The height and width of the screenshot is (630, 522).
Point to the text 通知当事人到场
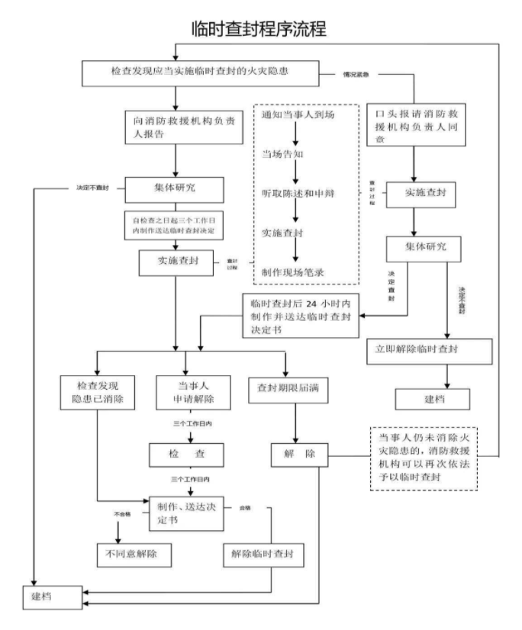pyautogui.click(x=298, y=115)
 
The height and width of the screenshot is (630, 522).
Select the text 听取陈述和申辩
pyautogui.click(x=298, y=194)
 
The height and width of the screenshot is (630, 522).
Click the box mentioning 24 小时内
pyautogui.click(x=300, y=313)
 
